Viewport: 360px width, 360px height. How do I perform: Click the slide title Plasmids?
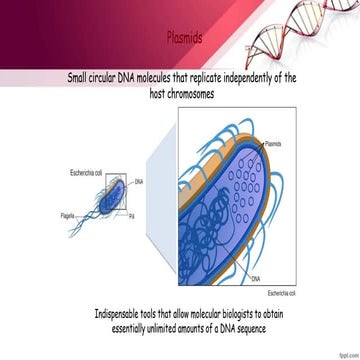[184, 39]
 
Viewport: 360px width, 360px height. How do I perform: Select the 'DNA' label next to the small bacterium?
[139, 182]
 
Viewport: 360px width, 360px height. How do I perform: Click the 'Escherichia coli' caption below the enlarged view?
[284, 292]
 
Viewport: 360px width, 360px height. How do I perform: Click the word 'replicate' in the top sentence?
[202, 77]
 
